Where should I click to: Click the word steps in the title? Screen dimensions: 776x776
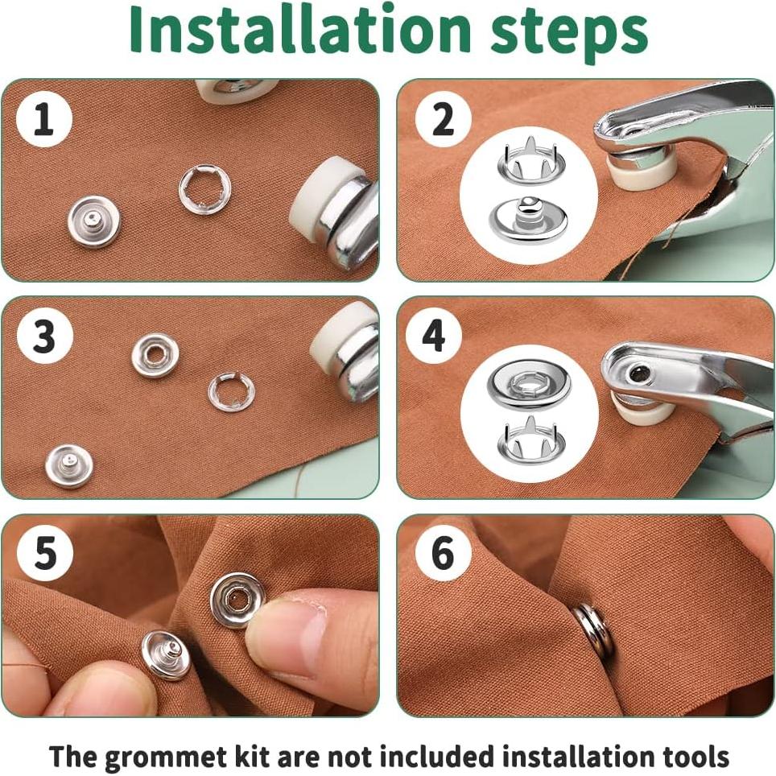(568, 34)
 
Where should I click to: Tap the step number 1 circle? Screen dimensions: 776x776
(44, 120)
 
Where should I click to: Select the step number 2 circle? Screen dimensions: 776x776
(443, 119)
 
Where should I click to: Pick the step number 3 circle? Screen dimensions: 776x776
(45, 336)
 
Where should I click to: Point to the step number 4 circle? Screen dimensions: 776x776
(434, 336)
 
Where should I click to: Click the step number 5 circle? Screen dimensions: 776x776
(45, 553)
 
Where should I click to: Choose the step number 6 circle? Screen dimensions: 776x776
(443, 553)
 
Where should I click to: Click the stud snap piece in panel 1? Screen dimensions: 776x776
(94, 221)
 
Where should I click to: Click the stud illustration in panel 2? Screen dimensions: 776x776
(529, 221)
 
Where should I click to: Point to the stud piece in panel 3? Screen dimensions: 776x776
(68, 467)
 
